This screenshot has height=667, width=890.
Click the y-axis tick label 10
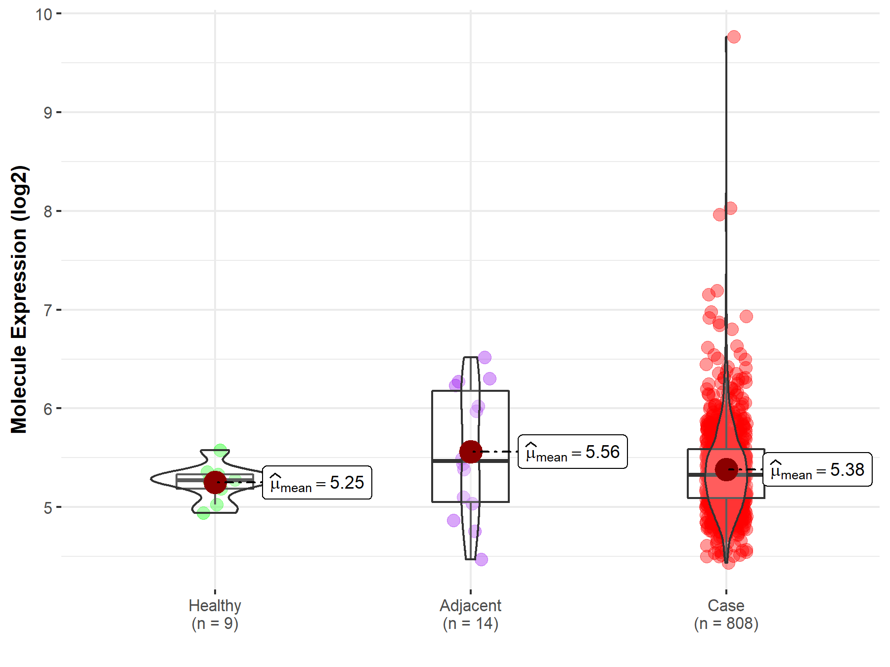coord(44,14)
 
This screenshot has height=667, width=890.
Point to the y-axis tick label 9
coord(47,113)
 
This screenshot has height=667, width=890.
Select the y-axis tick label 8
coord(47,211)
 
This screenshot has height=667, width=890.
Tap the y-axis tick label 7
coord(47,310)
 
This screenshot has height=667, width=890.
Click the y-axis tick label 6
coord(47,409)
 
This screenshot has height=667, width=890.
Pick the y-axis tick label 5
coord(47,507)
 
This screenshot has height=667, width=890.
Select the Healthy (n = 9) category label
coord(215,614)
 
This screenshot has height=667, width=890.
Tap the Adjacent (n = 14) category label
coord(470,614)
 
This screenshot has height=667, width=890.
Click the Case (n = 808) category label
coord(726,614)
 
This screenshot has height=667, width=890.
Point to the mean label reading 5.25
coord(317,483)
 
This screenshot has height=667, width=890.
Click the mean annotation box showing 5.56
coord(573,452)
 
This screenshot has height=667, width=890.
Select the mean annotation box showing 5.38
coord(817,469)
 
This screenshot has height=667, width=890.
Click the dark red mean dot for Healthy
coord(215,482)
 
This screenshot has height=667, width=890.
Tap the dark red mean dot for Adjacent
coord(470,452)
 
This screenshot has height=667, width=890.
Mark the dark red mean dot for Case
coord(726,469)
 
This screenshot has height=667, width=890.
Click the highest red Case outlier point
coord(734,37)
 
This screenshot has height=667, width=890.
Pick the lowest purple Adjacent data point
coord(481,559)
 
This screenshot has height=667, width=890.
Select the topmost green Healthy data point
coord(220,450)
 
